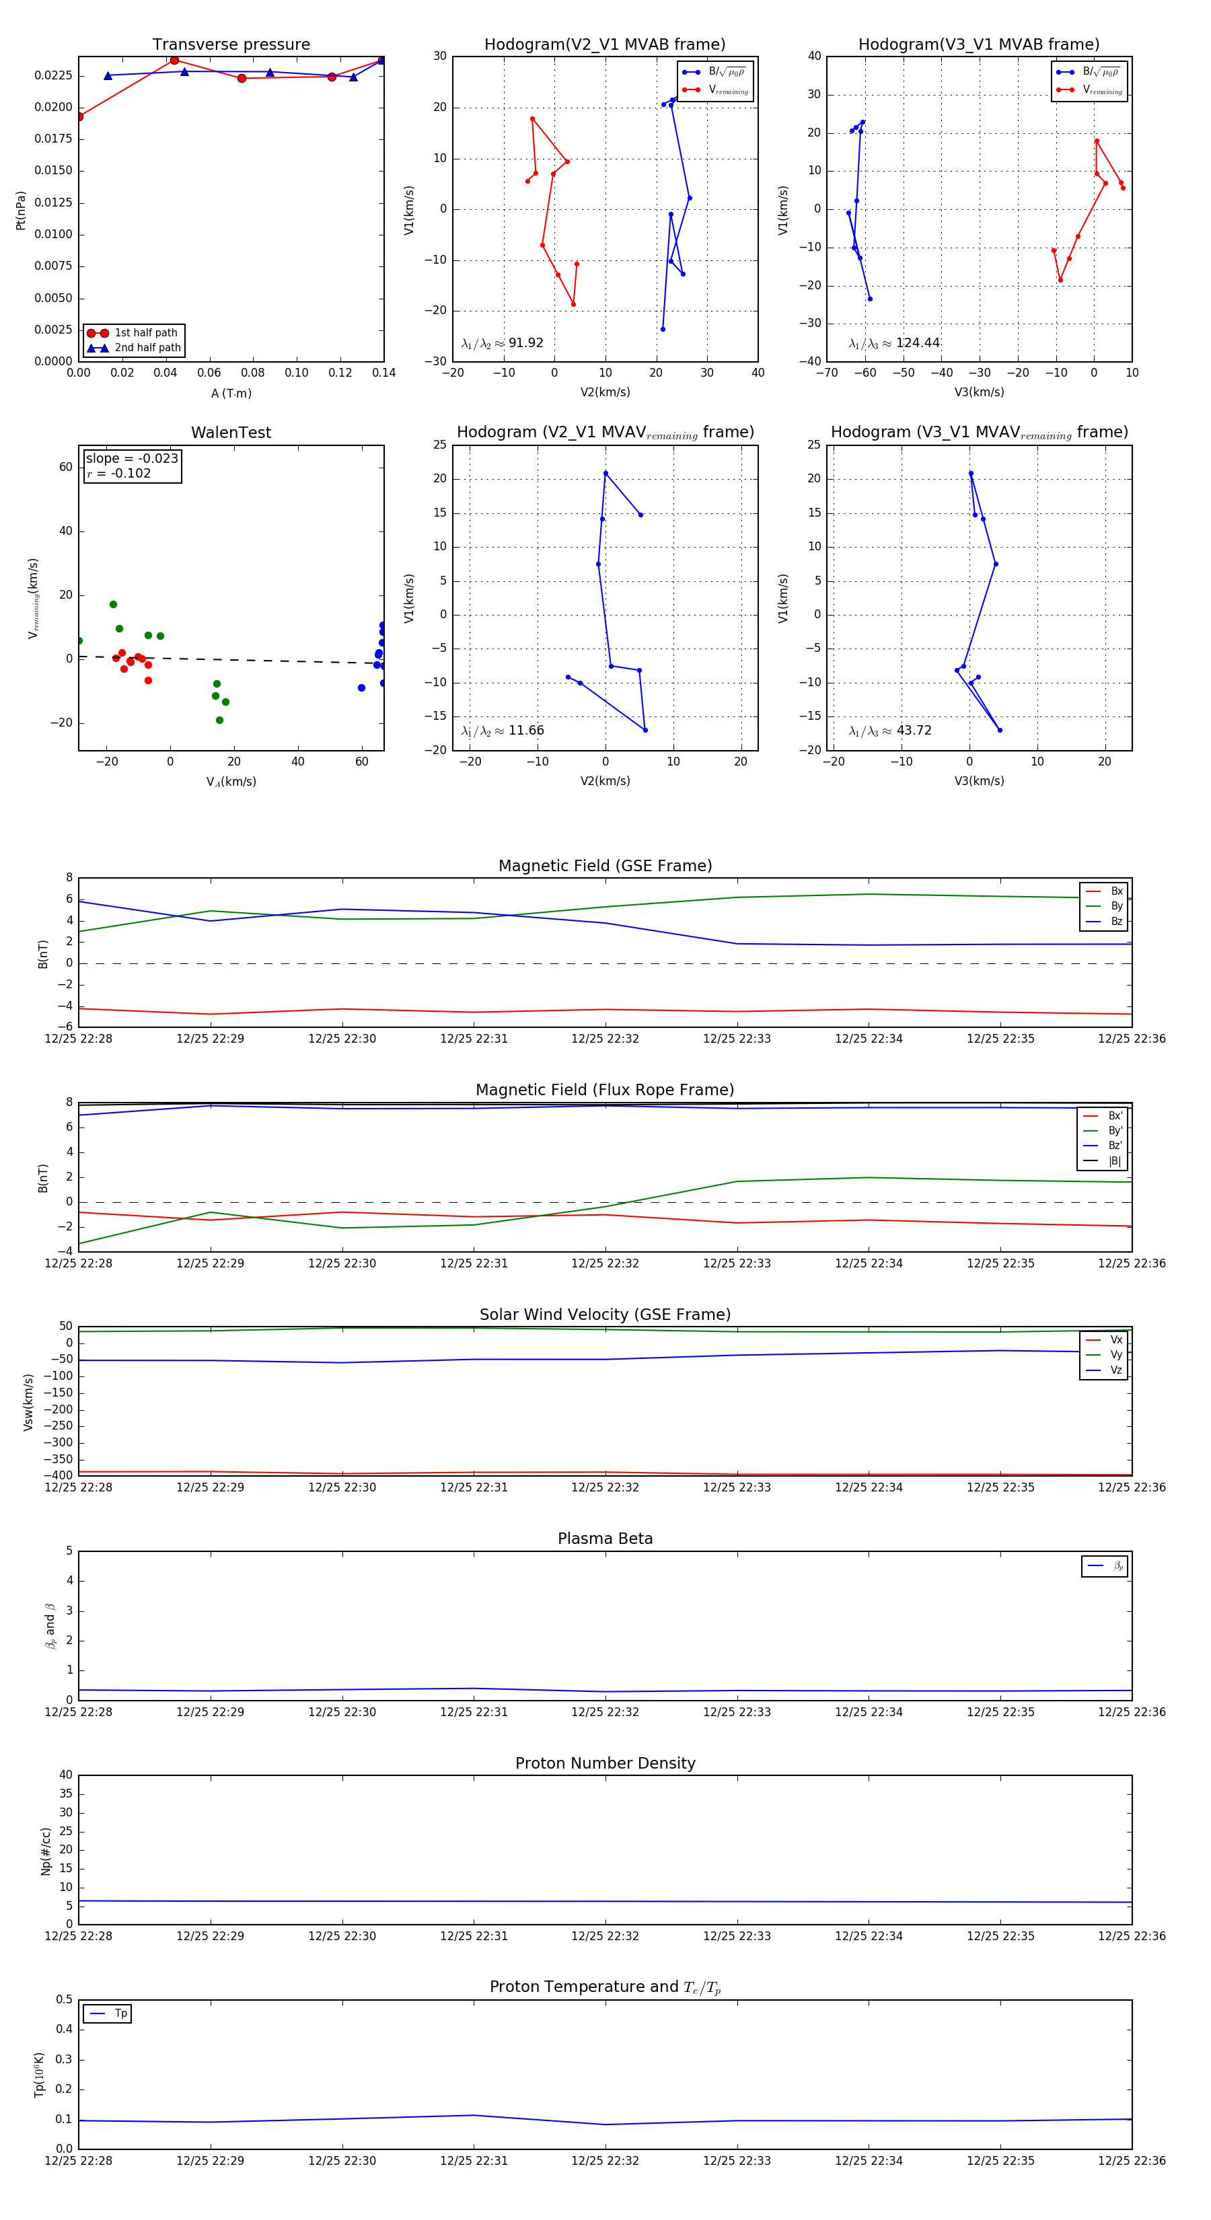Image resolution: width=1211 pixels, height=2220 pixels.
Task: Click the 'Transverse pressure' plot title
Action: [231, 45]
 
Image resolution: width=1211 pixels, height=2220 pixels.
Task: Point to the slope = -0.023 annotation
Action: [132, 459]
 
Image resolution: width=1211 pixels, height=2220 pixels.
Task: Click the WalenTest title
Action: [231, 433]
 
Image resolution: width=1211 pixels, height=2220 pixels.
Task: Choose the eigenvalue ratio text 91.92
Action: [525, 343]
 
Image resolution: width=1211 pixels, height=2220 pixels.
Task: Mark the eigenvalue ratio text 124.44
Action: [917, 343]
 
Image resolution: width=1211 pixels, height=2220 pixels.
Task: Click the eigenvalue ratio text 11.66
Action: [525, 731]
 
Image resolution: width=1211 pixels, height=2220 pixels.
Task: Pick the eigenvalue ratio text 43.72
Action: [914, 731]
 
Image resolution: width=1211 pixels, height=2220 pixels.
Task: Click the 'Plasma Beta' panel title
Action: [605, 1539]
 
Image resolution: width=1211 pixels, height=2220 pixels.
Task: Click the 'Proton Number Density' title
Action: [605, 1763]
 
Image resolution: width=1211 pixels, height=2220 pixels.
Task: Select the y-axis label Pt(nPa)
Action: [21, 211]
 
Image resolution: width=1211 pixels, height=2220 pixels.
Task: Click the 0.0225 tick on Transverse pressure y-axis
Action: [53, 76]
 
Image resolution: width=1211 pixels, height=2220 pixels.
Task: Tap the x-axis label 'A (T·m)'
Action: [231, 393]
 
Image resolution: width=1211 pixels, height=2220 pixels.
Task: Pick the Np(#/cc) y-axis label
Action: [46, 1851]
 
